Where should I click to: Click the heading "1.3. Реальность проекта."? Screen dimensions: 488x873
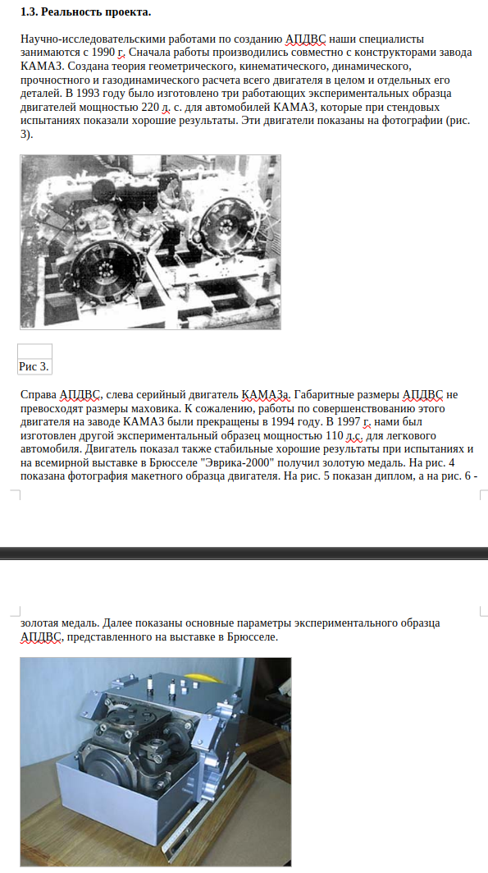85,11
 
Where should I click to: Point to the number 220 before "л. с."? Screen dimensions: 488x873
150,107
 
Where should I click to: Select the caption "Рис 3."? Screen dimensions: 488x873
34,366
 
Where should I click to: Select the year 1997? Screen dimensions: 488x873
349,422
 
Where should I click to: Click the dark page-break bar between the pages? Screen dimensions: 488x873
244,553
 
